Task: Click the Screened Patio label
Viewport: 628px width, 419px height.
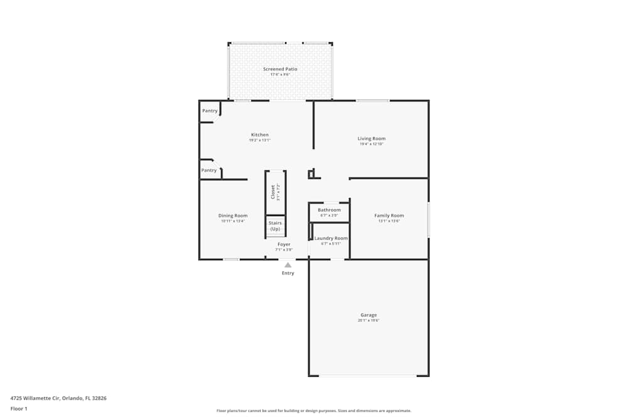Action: coord(280,69)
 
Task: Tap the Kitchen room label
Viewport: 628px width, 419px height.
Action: coord(259,135)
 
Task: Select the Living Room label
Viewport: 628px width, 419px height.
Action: coord(371,139)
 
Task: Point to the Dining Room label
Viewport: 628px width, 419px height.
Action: coord(232,216)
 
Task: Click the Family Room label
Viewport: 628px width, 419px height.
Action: coord(389,216)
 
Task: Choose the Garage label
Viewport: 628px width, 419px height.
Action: coord(369,315)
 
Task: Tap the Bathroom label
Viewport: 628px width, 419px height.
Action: coord(329,210)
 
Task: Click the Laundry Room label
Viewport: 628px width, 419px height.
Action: coord(331,238)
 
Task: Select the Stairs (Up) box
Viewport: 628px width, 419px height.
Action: coord(275,226)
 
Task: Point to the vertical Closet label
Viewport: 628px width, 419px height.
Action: coord(273,192)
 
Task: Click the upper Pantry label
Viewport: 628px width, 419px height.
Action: coord(210,111)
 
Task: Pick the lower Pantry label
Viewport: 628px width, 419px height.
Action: coord(209,170)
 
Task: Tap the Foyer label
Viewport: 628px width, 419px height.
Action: coord(284,244)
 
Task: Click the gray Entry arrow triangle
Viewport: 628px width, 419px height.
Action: coord(288,265)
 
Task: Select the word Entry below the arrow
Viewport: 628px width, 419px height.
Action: coord(288,273)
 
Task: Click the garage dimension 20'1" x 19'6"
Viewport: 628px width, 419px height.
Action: coord(369,320)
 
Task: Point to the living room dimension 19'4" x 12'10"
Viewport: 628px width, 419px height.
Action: coord(371,144)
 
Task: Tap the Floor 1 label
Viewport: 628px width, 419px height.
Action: coord(19,408)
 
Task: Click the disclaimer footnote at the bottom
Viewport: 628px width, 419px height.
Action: coord(314,411)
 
